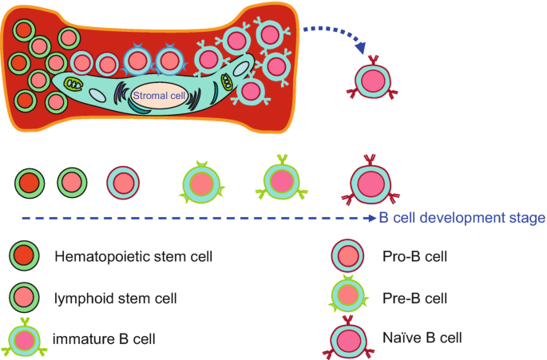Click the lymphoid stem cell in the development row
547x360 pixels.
(x=71, y=183)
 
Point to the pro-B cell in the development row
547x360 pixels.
(x=123, y=183)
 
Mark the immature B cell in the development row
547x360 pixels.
(x=280, y=180)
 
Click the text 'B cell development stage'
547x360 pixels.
(x=462, y=218)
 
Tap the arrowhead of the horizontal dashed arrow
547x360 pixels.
(x=371, y=218)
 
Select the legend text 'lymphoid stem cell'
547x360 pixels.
(x=116, y=298)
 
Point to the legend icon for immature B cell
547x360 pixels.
(x=25, y=338)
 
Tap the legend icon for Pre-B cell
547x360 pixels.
(x=347, y=297)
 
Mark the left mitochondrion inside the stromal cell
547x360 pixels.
(x=73, y=84)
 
